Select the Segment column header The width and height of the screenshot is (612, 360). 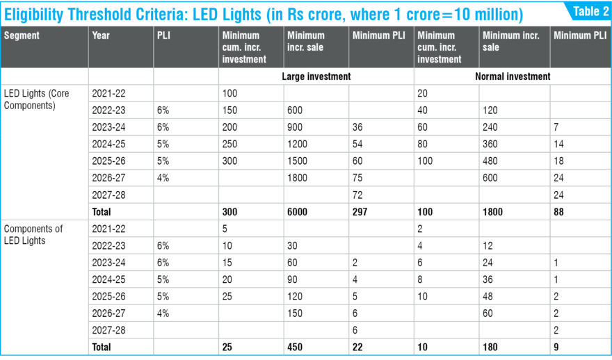[x=22, y=35]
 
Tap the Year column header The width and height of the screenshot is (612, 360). [x=101, y=35]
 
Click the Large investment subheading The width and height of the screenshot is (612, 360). [x=316, y=76]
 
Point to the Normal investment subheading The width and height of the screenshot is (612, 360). [x=513, y=76]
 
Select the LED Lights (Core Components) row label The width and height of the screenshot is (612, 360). [x=36, y=99]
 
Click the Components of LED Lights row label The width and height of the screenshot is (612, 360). [x=33, y=234]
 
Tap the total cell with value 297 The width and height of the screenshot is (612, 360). [x=360, y=212]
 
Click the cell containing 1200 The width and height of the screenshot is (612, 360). [x=297, y=144]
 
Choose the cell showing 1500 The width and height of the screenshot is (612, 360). [x=297, y=161]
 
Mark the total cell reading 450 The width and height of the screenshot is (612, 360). [x=295, y=347]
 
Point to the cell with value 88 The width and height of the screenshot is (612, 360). [x=558, y=212]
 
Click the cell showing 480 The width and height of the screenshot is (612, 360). [x=490, y=161]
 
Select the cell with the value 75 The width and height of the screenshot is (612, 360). [x=357, y=178]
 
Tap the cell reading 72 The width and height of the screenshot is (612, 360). [x=357, y=195]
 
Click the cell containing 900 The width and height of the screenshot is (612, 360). [x=295, y=127]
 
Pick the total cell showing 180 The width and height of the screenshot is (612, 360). [x=490, y=347]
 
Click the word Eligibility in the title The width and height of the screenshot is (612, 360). [x=33, y=15]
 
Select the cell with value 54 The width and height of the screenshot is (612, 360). [x=357, y=144]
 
